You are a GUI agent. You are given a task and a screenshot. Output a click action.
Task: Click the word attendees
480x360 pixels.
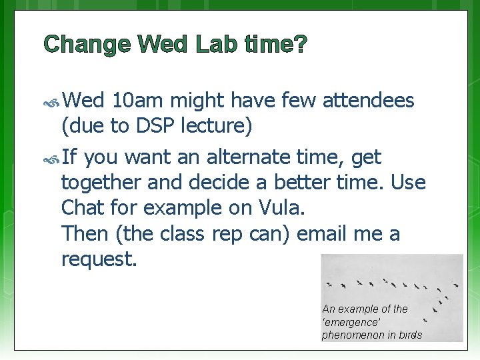pyautogui.click(x=368, y=101)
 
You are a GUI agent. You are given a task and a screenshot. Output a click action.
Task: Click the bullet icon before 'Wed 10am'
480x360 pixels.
pyautogui.click(x=51, y=102)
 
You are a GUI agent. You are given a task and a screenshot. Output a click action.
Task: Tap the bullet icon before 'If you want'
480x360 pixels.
pyautogui.click(x=51, y=159)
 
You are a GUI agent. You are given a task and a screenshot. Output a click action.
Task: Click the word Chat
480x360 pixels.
pyautogui.click(x=82, y=207)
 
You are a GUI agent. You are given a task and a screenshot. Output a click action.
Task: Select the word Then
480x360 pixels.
pyautogui.click(x=83, y=233)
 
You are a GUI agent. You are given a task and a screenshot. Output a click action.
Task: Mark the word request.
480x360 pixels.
pyautogui.click(x=99, y=259)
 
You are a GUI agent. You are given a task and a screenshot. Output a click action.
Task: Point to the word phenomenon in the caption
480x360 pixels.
pyautogui.click(x=353, y=335)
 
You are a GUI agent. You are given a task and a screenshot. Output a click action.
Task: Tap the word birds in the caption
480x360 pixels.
pyautogui.click(x=409, y=335)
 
